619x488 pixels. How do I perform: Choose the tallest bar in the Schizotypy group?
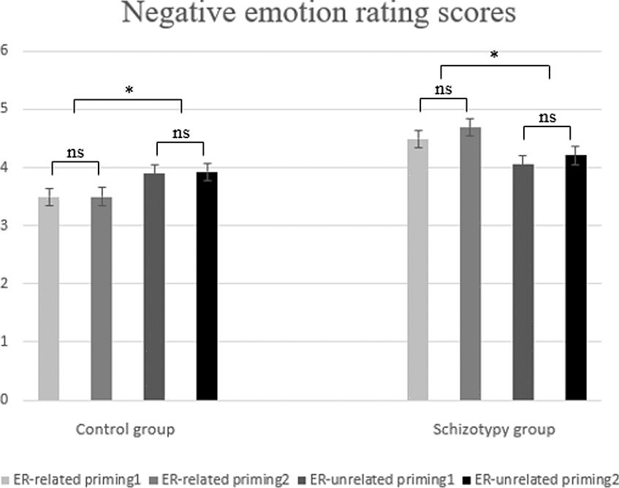(470, 263)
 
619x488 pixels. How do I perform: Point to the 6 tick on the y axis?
(4, 51)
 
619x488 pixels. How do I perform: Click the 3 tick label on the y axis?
(4, 226)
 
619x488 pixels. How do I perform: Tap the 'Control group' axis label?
(126, 429)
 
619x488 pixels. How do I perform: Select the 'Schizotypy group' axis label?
(494, 429)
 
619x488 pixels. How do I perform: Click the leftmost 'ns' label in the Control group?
(76, 153)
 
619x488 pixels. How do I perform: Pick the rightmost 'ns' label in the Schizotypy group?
(547, 117)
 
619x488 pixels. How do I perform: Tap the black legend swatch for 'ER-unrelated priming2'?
(468, 480)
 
